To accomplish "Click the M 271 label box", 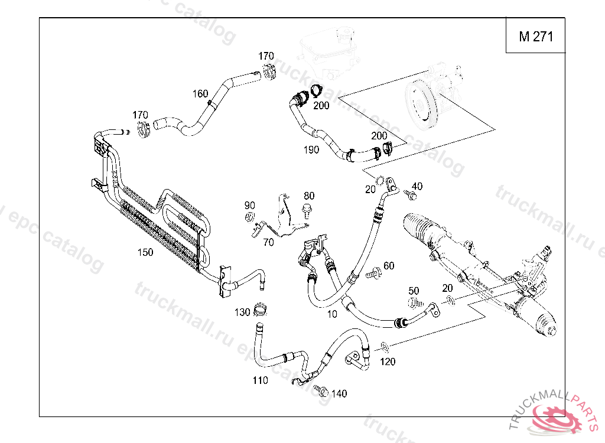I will click(536, 37).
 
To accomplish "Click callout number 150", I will click(145, 252).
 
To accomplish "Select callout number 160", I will click(200, 94).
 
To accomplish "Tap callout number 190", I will click(311, 149).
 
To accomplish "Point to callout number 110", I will click(260, 380).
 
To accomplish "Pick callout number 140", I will click(339, 394).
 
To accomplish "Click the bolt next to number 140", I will click(322, 390).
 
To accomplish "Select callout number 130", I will click(242, 312).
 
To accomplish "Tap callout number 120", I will click(388, 361).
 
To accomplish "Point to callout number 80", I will click(309, 196).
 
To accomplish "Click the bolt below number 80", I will click(307, 209).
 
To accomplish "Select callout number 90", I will click(250, 206).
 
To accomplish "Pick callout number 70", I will click(268, 242).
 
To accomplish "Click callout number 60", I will click(389, 266).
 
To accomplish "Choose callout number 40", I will click(417, 187).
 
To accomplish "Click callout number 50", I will click(414, 291).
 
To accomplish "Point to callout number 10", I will click(332, 314).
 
